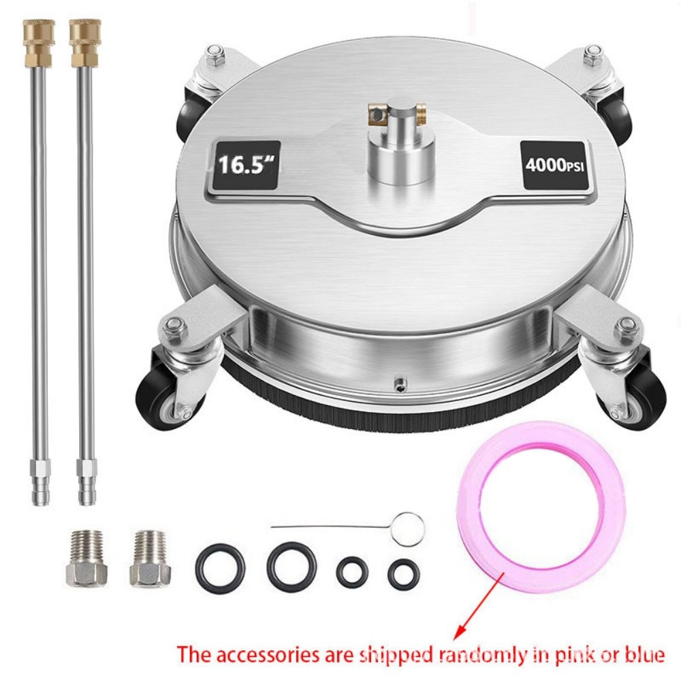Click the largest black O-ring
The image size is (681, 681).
(x=291, y=565)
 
